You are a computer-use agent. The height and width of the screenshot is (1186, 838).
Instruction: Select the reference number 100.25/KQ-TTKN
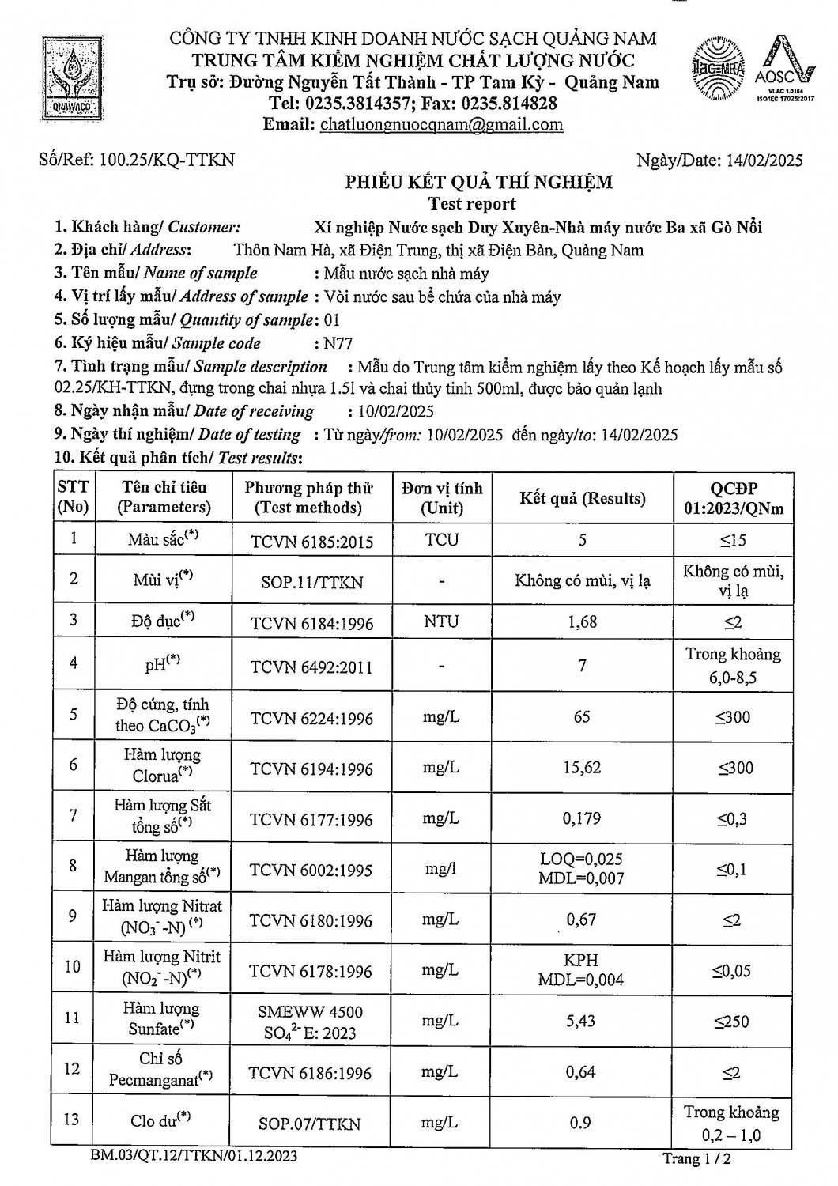point(167,160)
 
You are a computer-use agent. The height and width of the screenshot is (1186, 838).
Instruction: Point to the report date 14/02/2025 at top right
point(763,161)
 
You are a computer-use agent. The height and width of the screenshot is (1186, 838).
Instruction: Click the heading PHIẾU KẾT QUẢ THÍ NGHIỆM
point(478,183)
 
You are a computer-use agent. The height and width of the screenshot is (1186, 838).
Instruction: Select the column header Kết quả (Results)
point(582,498)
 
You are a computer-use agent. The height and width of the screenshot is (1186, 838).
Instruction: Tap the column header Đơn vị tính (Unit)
point(441,498)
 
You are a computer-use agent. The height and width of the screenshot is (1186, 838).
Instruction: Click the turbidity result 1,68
point(583,621)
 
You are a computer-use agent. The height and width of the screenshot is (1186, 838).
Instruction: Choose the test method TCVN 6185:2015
point(311,542)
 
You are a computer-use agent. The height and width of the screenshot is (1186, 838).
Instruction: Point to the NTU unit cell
point(440,621)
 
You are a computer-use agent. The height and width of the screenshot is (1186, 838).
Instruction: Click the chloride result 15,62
point(583,768)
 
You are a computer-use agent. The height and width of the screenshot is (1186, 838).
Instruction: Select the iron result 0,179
point(583,818)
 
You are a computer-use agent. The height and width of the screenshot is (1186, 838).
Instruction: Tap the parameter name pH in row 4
point(163,664)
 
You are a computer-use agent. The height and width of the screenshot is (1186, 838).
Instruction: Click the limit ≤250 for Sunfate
point(731,1022)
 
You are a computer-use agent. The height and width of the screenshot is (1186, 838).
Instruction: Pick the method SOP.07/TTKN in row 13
point(310,1124)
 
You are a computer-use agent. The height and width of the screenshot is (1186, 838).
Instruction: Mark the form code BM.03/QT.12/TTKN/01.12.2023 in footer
point(194,1157)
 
